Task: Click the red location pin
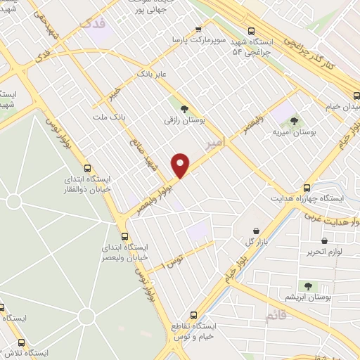[181, 165]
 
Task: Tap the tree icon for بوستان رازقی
[184, 109]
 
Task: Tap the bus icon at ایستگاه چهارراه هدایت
[307, 188]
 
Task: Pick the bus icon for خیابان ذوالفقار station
[87, 168]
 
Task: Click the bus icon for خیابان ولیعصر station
[124, 237]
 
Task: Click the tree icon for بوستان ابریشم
[307, 285]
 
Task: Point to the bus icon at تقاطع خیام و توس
[194, 315]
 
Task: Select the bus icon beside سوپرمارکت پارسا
[200, 30]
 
